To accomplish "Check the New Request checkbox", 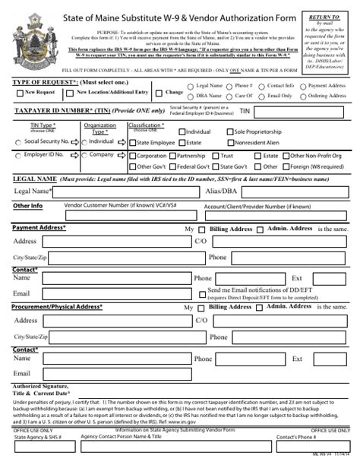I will click(x=19, y=93).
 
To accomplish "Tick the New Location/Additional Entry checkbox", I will click(x=70, y=93).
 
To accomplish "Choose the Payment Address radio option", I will click(x=303, y=87).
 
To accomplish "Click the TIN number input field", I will click(x=304, y=111).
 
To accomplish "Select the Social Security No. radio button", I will click(x=18, y=141).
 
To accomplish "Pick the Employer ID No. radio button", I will click(x=18, y=155).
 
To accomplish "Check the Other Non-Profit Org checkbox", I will click(x=285, y=156).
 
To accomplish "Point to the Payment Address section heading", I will click(x=39, y=227).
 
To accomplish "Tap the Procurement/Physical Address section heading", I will click(x=57, y=306).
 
